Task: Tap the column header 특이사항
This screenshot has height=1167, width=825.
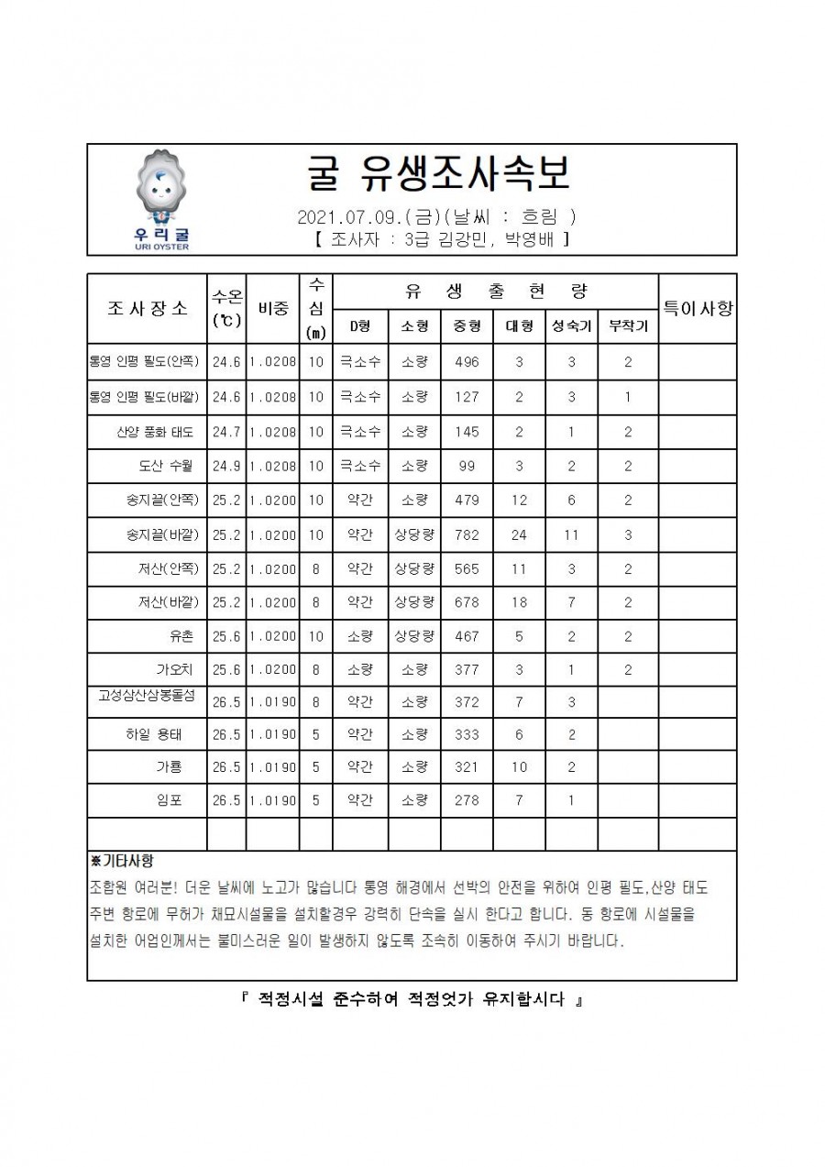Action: pyautogui.click(x=698, y=308)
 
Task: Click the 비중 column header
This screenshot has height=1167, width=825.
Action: pyautogui.click(x=272, y=308)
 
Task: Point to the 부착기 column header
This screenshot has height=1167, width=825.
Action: pyautogui.click(x=628, y=325)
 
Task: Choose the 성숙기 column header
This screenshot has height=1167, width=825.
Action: pyautogui.click(x=571, y=325)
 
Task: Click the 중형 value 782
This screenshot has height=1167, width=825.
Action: pyautogui.click(x=467, y=534)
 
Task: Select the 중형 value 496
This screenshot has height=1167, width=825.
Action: pyautogui.click(x=467, y=361)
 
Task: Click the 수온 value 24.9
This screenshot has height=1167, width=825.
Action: pyautogui.click(x=226, y=466)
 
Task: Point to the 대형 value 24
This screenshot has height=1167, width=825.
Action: pyautogui.click(x=519, y=534)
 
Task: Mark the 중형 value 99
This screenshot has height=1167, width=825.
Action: pyautogui.click(x=467, y=466)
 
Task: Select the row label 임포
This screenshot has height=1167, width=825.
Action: pyautogui.click(x=170, y=799)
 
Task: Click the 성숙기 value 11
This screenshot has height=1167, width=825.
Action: pyautogui.click(x=571, y=534)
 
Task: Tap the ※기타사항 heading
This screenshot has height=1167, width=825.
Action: pyautogui.click(x=122, y=862)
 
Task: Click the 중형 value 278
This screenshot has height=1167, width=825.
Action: pyautogui.click(x=467, y=799)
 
